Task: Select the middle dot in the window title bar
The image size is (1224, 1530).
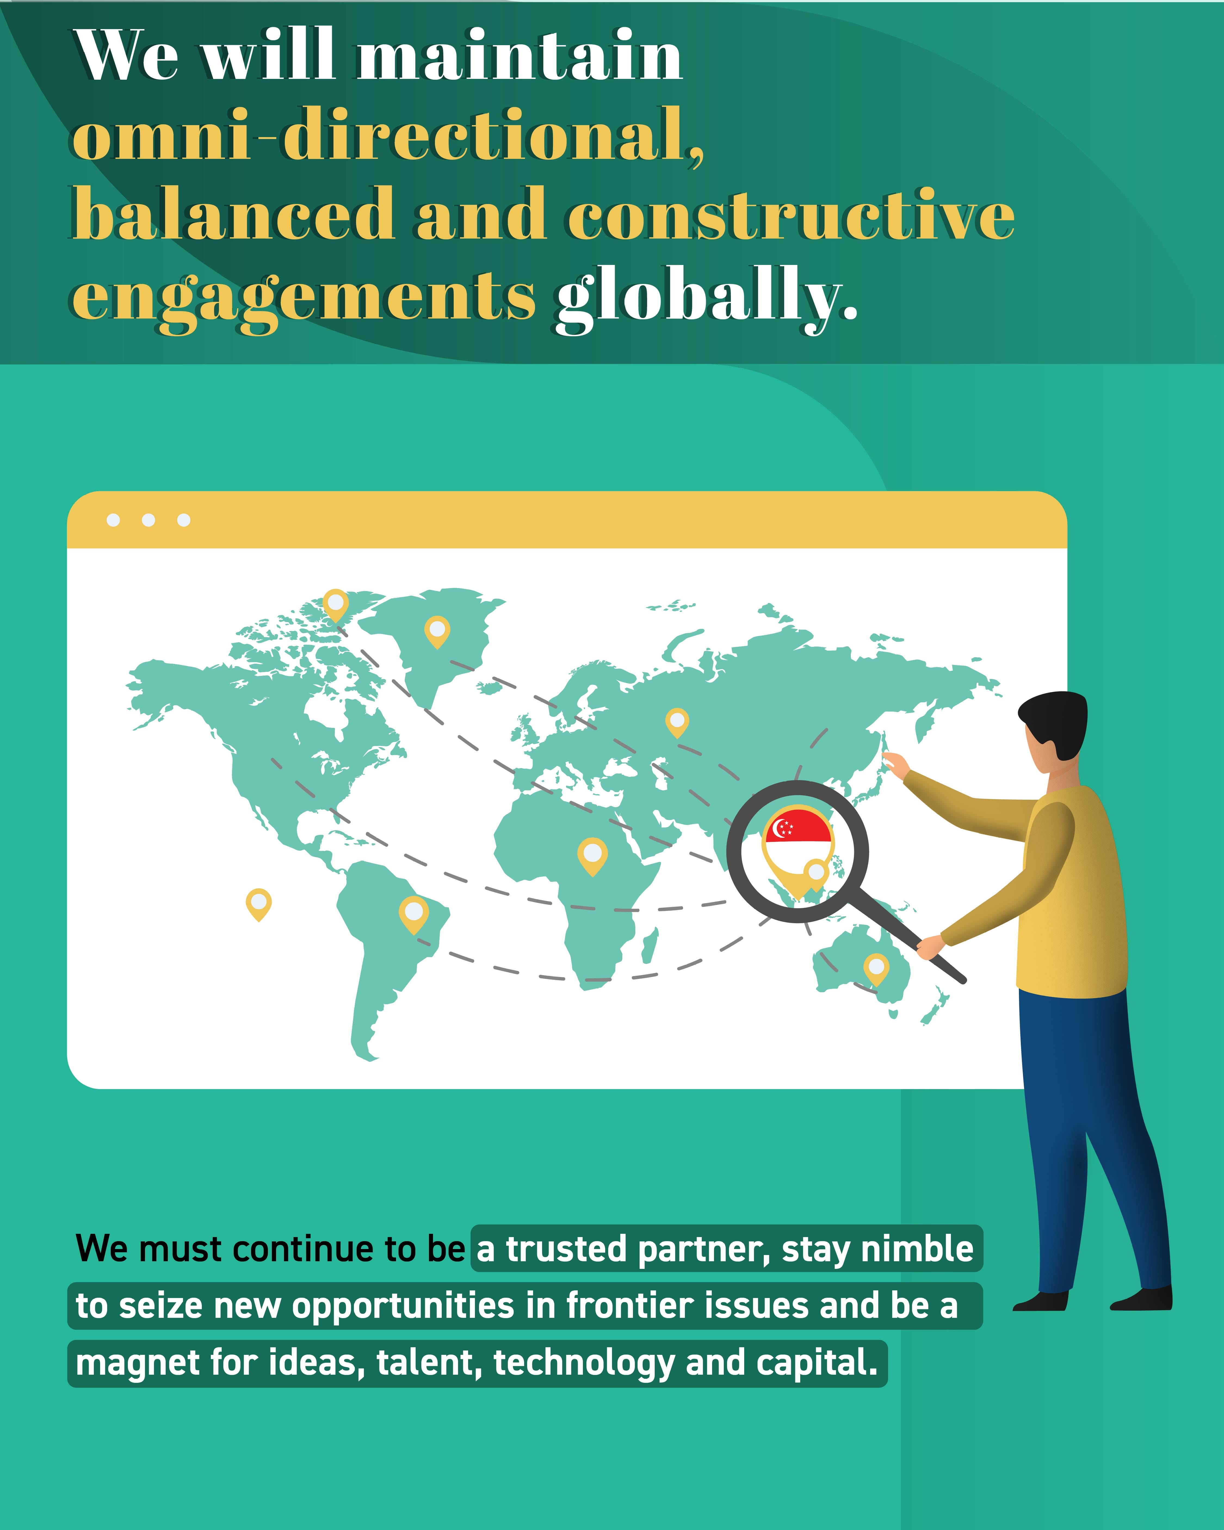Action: pos(148,520)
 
